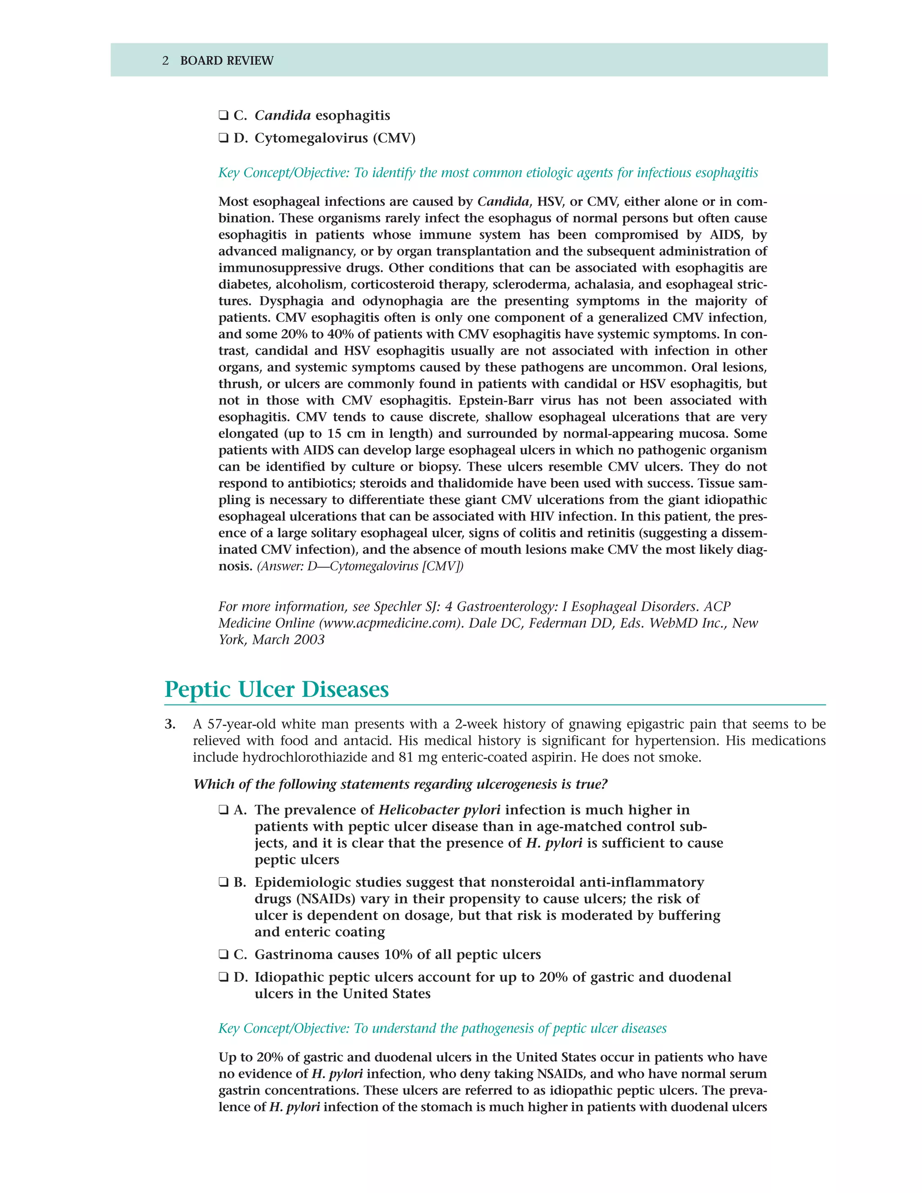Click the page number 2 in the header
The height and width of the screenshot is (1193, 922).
(166, 61)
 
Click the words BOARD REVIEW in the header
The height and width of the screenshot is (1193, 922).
(227, 61)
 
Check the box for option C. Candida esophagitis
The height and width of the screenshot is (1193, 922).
(223, 116)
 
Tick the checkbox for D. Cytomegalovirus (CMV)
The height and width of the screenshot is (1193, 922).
(223, 138)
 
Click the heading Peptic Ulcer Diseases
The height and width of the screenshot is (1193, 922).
(276, 689)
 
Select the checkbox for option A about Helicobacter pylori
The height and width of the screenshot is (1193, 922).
(223, 810)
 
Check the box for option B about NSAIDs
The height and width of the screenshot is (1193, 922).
(223, 883)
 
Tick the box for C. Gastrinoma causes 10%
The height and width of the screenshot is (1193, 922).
(223, 955)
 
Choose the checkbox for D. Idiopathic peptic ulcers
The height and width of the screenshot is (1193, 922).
(223, 977)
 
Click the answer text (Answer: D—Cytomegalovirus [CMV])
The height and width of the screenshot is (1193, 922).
(360, 566)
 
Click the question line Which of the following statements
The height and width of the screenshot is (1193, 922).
(400, 784)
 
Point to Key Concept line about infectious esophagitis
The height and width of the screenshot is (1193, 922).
(488, 173)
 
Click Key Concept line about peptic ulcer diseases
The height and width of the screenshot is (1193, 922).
(443, 1029)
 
